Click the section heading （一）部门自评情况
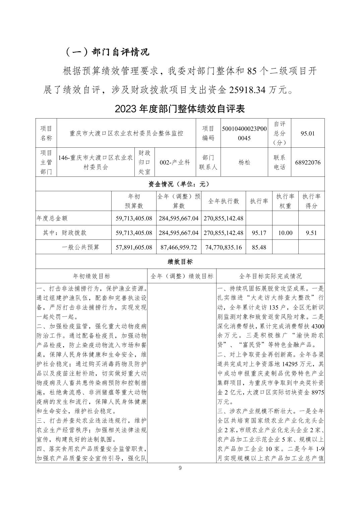tap(107, 52)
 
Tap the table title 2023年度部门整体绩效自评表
tap(180, 108)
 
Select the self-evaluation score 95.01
tap(308, 133)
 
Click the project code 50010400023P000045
tap(244, 133)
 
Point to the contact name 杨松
tap(244, 162)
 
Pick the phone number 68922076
tap(308, 162)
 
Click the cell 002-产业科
tap(175, 162)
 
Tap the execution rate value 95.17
tap(259, 233)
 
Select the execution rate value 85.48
tap(259, 247)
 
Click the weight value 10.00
tap(285, 233)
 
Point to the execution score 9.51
tap(311, 233)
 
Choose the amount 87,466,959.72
tap(178, 247)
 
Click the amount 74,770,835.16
tap(224, 247)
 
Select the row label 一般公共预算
tap(81, 247)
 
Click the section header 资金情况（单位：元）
tap(180, 184)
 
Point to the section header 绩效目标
tap(180, 262)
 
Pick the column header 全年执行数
tap(224, 201)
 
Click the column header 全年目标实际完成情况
tap(271, 276)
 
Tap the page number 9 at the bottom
tap(180, 468)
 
